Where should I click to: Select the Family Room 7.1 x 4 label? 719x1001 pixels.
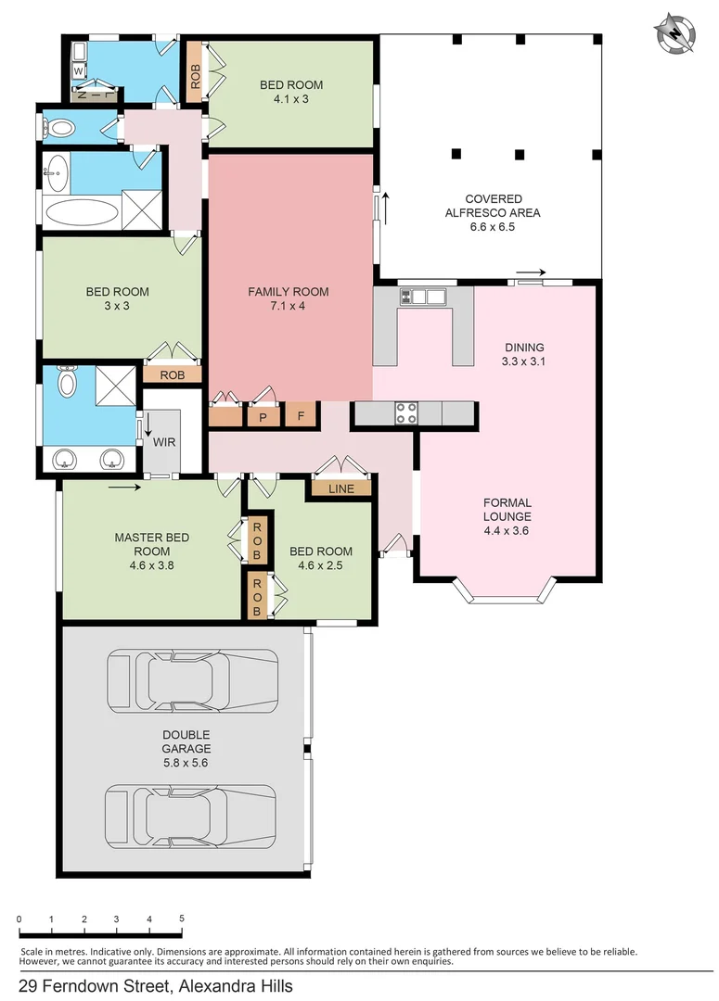coord(288,298)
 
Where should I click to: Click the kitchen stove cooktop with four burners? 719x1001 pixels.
coord(406,412)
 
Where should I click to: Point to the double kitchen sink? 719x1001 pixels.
coord(422,297)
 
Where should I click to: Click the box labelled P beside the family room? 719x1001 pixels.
coord(263,417)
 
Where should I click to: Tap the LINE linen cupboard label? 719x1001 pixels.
coord(340,488)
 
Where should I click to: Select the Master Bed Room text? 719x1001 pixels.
coord(146,544)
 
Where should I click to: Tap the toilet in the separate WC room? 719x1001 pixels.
coord(61,128)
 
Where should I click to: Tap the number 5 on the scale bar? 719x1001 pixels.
coord(182,919)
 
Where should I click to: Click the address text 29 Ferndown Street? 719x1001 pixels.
coord(155,986)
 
